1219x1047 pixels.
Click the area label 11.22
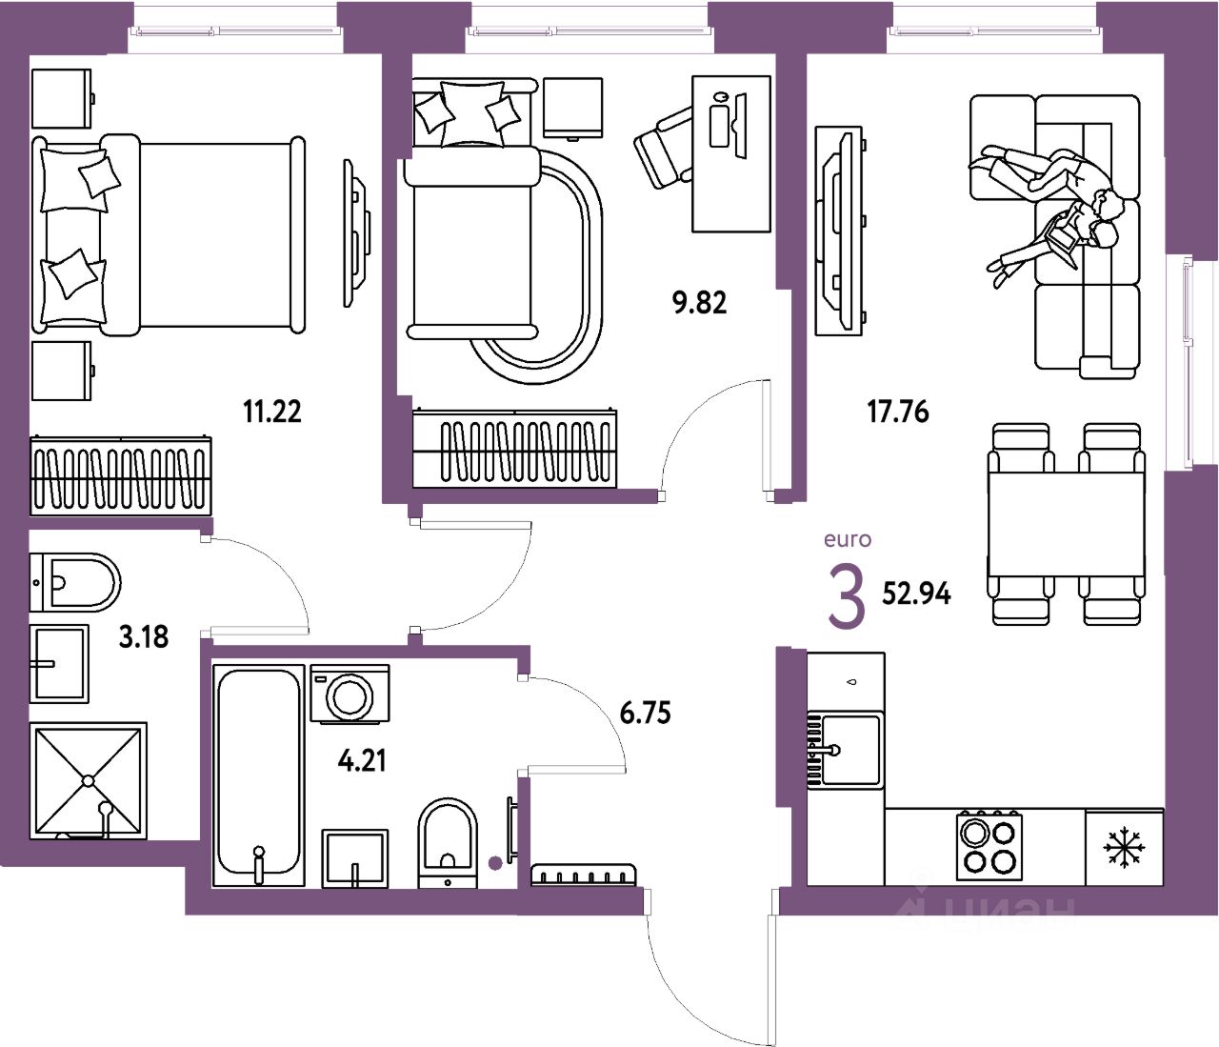[x=272, y=412]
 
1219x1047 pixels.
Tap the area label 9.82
[x=699, y=303]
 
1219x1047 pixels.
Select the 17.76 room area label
[x=897, y=412]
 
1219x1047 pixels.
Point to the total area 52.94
[x=916, y=594]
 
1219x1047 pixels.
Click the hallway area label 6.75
[x=645, y=712]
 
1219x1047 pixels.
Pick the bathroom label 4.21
[x=362, y=760]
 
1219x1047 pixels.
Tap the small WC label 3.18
[x=143, y=636]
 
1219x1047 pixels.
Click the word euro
[x=847, y=539]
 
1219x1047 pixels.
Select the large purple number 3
[x=846, y=597]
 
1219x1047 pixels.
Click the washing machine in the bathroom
[x=350, y=695]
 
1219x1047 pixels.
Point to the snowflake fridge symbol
[x=1124, y=848]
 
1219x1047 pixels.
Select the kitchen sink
[x=849, y=751]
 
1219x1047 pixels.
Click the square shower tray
[x=89, y=780]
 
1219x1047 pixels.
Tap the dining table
[x=1066, y=524]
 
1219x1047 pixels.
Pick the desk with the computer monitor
[x=730, y=154]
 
